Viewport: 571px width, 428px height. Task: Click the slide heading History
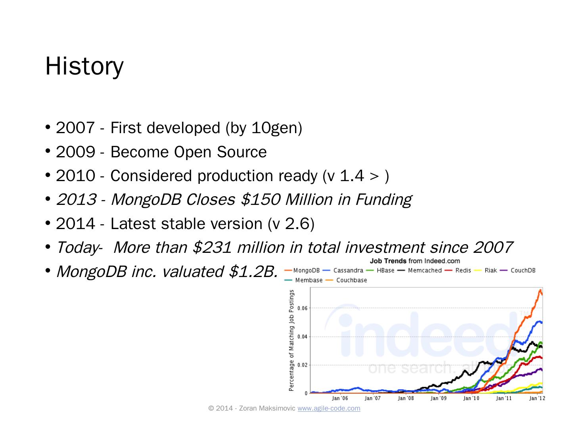84,66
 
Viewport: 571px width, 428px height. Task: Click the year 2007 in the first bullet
75,128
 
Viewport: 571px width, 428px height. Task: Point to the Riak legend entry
491,271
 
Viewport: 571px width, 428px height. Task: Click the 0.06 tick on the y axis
302,308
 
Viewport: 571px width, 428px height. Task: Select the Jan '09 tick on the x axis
439,398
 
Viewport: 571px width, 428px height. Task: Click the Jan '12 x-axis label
537,398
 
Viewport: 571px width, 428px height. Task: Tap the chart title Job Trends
388,261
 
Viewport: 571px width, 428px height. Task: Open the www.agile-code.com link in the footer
329,409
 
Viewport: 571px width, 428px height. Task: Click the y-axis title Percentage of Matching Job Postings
292,340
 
